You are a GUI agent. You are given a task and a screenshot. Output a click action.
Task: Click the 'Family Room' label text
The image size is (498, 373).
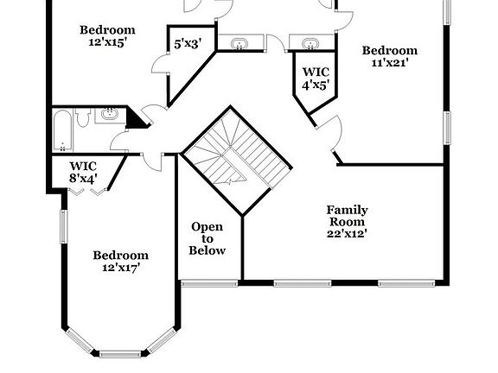click(347, 216)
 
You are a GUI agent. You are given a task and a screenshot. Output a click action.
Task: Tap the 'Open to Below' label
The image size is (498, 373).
click(207, 238)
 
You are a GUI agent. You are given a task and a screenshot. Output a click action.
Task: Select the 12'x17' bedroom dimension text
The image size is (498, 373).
click(120, 268)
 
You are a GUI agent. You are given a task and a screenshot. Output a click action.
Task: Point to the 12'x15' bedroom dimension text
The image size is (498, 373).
click(107, 42)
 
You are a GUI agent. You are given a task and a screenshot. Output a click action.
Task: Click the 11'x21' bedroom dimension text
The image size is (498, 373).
click(388, 62)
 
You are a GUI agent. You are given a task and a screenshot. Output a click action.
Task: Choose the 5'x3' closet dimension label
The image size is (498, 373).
click(188, 43)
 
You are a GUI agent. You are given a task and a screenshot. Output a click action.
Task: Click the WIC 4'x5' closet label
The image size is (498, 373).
click(314, 78)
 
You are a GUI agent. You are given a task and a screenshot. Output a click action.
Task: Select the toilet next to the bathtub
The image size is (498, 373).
click(83, 120)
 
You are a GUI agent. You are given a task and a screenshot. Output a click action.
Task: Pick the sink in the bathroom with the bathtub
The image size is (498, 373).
click(109, 114)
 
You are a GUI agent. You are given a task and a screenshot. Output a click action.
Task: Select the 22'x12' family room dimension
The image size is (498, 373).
click(347, 233)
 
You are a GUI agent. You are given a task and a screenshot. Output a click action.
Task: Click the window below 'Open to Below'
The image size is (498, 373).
click(207, 281)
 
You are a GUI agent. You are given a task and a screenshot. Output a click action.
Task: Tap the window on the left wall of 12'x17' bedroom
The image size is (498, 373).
click(63, 227)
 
